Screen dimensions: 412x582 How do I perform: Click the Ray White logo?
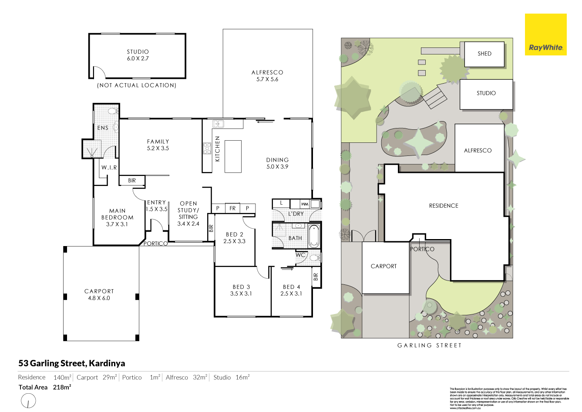[x=545, y=35]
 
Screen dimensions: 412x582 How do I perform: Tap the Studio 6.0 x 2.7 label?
[x=138, y=55]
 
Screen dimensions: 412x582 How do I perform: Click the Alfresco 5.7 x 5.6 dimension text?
[x=267, y=76]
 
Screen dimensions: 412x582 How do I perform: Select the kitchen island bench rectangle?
[x=233, y=156]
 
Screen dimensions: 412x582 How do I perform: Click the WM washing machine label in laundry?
[x=305, y=204]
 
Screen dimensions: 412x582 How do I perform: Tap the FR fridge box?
[x=232, y=208]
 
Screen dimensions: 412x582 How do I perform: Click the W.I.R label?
[x=109, y=167]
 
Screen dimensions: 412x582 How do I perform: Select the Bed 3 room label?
[x=241, y=290]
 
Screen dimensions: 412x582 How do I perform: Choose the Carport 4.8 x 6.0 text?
[x=99, y=295]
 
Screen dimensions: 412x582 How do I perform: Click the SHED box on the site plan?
[x=484, y=54]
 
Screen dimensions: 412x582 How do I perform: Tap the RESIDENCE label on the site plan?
[x=444, y=206]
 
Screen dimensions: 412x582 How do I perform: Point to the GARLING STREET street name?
[x=429, y=345]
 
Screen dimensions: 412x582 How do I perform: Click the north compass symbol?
[x=28, y=400]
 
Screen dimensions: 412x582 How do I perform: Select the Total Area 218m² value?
[x=62, y=387]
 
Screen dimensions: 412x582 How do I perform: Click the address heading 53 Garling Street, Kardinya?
[x=72, y=363]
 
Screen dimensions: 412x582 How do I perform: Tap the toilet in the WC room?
[x=314, y=258]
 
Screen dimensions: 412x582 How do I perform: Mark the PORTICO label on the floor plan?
[x=155, y=243]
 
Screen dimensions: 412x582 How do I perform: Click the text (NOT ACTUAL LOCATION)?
[x=137, y=85]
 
